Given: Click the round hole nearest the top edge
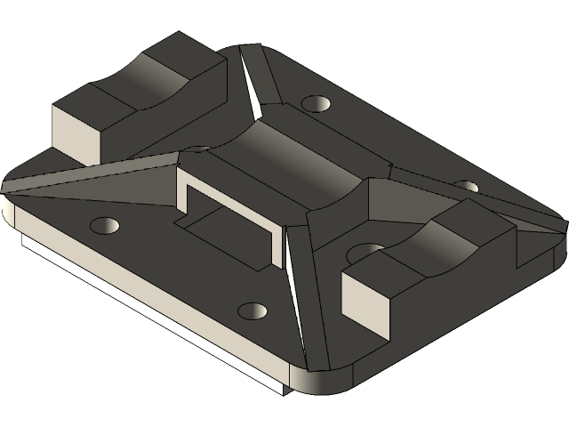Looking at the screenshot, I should (315, 103).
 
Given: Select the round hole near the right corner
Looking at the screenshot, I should (466, 186).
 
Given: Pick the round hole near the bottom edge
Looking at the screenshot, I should (252, 311).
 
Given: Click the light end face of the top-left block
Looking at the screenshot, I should (76, 134).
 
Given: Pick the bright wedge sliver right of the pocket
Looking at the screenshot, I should (293, 266).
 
